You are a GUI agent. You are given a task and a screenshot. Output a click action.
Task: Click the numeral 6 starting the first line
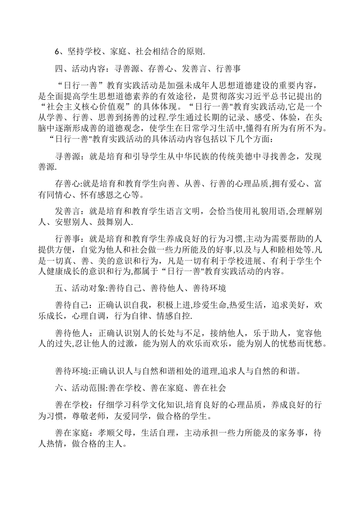point(57,51)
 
